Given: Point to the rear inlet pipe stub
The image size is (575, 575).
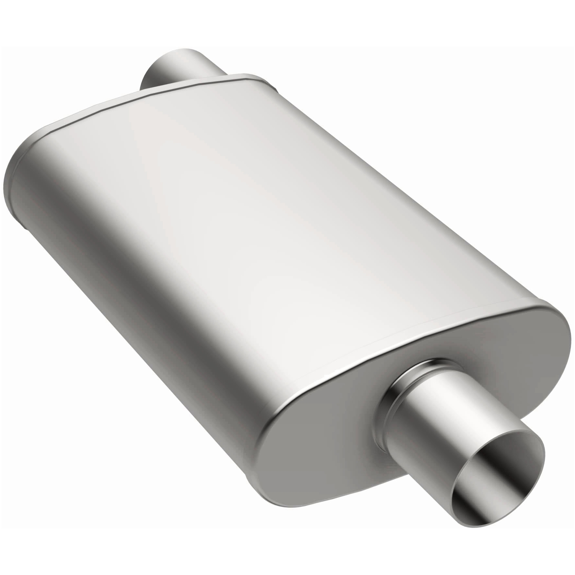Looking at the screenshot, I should (172, 68).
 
